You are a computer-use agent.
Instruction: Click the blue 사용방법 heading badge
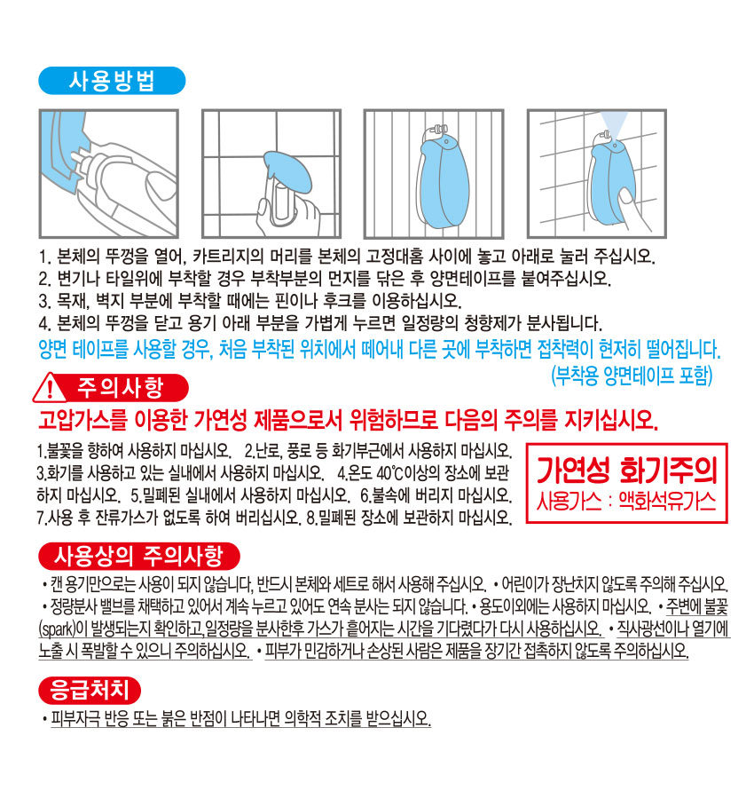click(112, 81)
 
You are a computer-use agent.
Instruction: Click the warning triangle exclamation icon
click(49, 389)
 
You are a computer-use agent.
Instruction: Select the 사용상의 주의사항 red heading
click(139, 556)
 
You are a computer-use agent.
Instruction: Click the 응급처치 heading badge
click(90, 690)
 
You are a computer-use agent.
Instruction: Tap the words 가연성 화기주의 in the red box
click(627, 471)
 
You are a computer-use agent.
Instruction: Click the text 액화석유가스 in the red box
click(667, 502)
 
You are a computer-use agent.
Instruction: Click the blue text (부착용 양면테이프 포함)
click(632, 376)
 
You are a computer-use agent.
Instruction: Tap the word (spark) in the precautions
click(57, 629)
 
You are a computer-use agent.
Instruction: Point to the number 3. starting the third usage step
click(44, 301)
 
